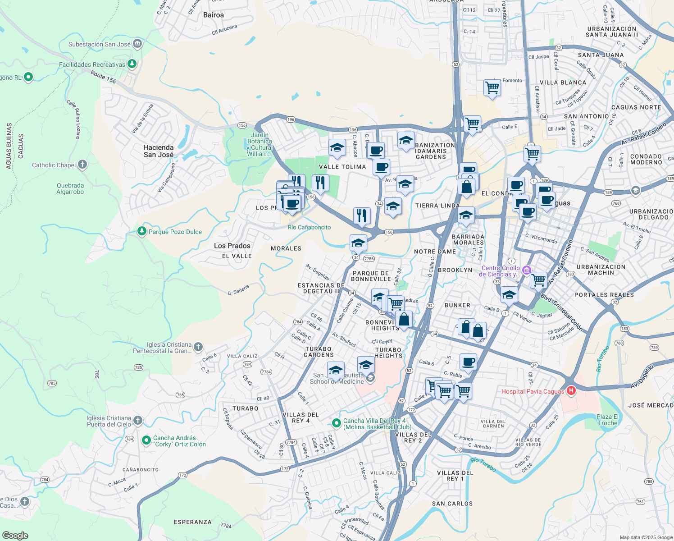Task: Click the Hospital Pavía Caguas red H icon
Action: [x=571, y=390]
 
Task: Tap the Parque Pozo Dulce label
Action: [x=175, y=232]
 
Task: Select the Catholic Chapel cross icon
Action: [x=82, y=165]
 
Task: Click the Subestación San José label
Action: [x=100, y=44]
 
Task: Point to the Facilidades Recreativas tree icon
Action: [x=132, y=64]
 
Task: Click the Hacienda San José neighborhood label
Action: [x=159, y=151]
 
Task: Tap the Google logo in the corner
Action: [x=15, y=536]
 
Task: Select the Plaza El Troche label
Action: [x=607, y=420]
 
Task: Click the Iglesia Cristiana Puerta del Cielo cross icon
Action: [x=138, y=421]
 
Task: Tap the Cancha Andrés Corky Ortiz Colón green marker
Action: [x=146, y=440]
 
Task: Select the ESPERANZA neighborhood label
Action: [x=192, y=522]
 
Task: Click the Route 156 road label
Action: [x=103, y=77]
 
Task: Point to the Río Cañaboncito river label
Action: [x=309, y=227]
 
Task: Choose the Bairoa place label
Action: [x=214, y=15]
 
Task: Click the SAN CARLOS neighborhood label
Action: [x=452, y=504]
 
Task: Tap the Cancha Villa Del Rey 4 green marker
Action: [x=336, y=423]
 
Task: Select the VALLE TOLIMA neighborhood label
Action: [x=342, y=167]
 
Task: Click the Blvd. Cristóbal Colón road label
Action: [x=561, y=313]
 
